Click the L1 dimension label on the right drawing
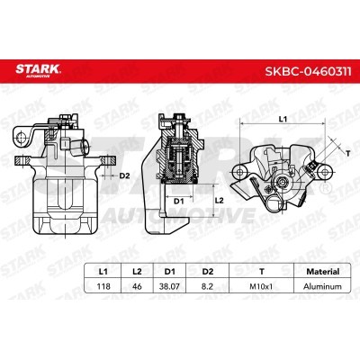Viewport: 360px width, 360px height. pyautogui.click(x=281, y=119)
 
